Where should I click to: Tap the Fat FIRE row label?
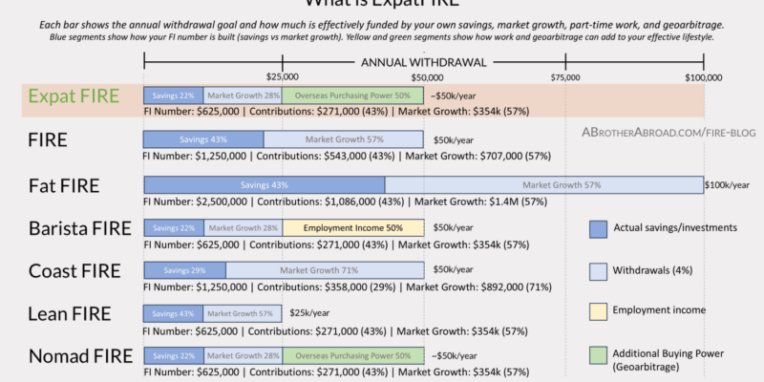point(64,184)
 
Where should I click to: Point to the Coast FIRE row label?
point(73,271)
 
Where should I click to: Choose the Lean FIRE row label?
point(70,313)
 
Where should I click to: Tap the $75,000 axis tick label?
point(565,75)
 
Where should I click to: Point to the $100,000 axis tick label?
point(704,75)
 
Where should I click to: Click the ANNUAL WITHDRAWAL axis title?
point(424,63)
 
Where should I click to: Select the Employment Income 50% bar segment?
point(352,228)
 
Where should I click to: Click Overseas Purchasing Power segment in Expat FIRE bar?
point(352,95)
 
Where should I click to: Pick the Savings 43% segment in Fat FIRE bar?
point(265,184)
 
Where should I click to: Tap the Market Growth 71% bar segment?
point(326,271)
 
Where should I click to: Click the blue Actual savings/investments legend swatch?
point(599,228)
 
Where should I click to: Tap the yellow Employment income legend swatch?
point(599,309)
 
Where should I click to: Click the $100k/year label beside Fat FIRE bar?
point(731,184)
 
